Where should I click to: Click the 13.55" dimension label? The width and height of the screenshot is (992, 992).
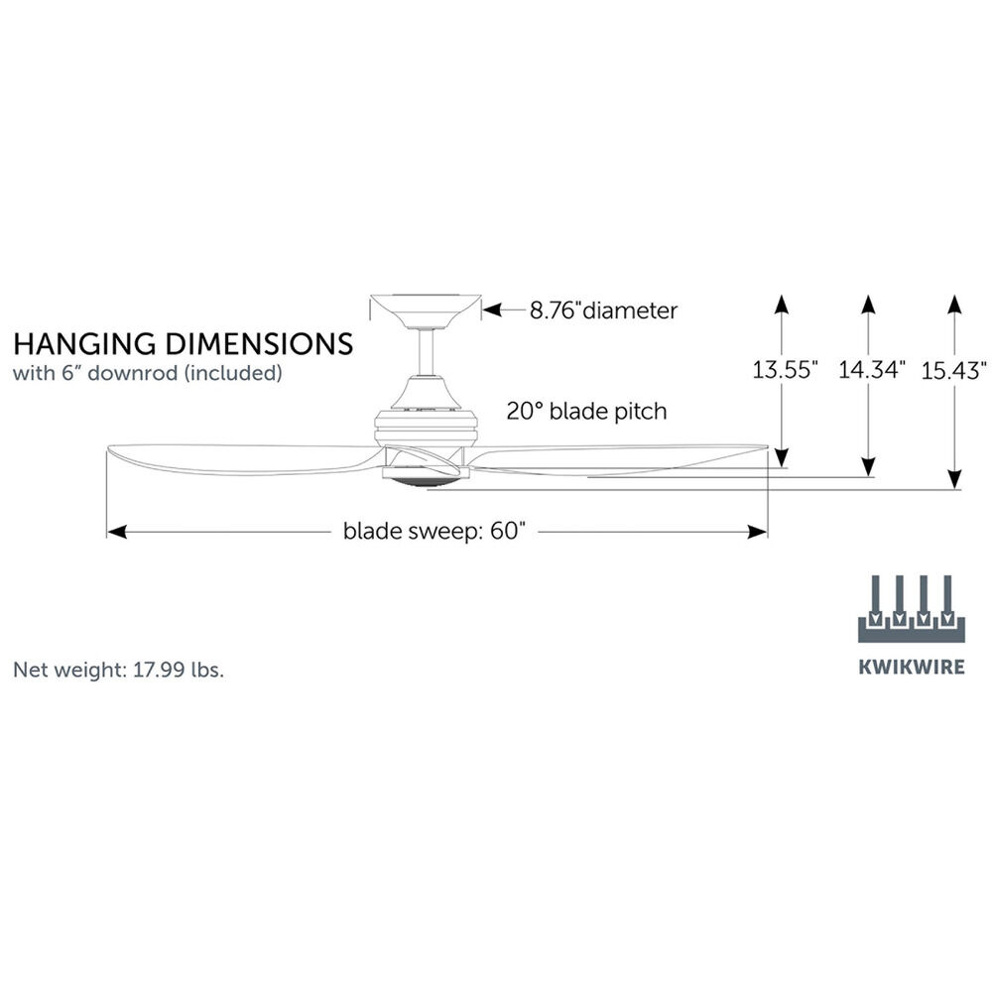click(785, 371)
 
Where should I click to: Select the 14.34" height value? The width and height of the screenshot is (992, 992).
click(872, 371)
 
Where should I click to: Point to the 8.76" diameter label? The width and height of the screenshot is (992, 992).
click(603, 310)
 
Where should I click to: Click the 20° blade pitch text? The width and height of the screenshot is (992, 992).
click(586, 411)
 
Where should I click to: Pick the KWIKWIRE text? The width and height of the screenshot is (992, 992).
click(911, 667)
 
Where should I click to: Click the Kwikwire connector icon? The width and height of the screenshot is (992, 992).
click(911, 609)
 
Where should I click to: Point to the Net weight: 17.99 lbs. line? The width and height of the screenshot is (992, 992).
click(118, 670)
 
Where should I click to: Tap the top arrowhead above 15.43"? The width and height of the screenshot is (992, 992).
click(954, 302)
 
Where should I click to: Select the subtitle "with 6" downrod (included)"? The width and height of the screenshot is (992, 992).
click(148, 374)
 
